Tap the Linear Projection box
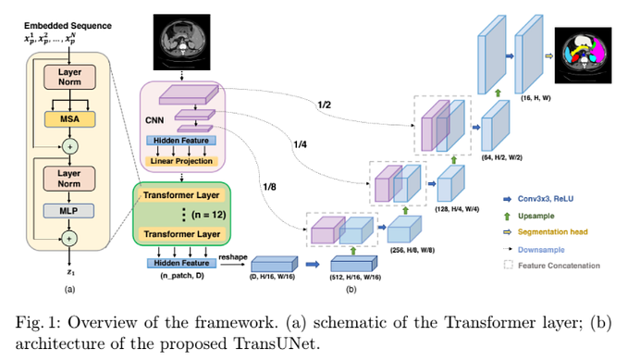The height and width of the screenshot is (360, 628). [181, 161]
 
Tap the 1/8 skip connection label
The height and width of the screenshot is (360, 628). [268, 185]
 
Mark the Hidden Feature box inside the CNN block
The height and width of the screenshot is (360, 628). [181, 140]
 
